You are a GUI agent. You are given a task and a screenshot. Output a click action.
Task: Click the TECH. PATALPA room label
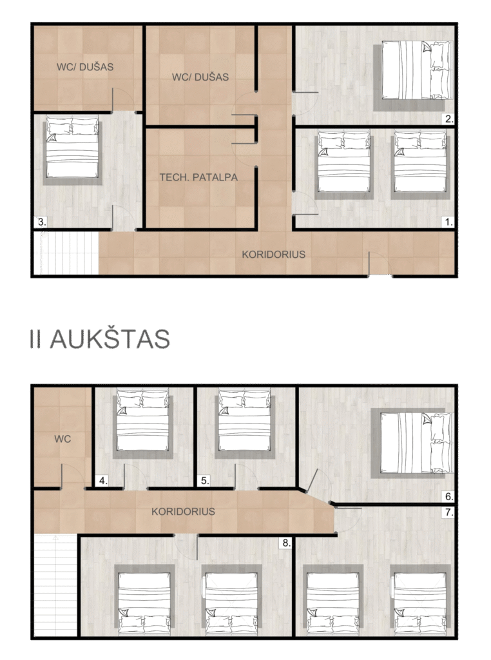click(x=198, y=177)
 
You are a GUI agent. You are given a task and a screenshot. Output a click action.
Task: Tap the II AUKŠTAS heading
click(x=100, y=339)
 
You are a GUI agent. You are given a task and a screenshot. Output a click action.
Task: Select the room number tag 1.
click(x=449, y=222)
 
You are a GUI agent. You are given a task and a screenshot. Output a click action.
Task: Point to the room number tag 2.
click(x=449, y=119)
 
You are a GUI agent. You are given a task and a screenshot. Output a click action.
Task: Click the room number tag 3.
click(x=41, y=222)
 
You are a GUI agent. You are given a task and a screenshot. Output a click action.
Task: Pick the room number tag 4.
click(x=102, y=481)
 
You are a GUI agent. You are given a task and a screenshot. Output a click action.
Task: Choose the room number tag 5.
click(x=204, y=481)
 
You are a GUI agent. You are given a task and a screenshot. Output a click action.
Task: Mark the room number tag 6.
click(x=449, y=497)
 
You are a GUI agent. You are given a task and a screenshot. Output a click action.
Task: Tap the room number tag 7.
click(x=449, y=512)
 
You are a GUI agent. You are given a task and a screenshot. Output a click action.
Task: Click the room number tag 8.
click(x=286, y=543)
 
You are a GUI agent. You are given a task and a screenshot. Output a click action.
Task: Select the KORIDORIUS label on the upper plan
click(x=273, y=254)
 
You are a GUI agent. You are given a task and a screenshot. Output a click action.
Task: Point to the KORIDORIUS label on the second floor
click(x=183, y=511)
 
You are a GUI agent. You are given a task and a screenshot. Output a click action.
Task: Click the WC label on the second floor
click(x=63, y=439)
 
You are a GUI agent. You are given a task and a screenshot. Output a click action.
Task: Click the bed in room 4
click(x=143, y=420)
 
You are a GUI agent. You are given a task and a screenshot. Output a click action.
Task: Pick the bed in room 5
click(x=245, y=420)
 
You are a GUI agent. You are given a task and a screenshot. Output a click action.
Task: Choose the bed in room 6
click(x=416, y=443)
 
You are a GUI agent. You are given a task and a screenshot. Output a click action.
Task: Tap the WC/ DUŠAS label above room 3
click(x=85, y=66)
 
